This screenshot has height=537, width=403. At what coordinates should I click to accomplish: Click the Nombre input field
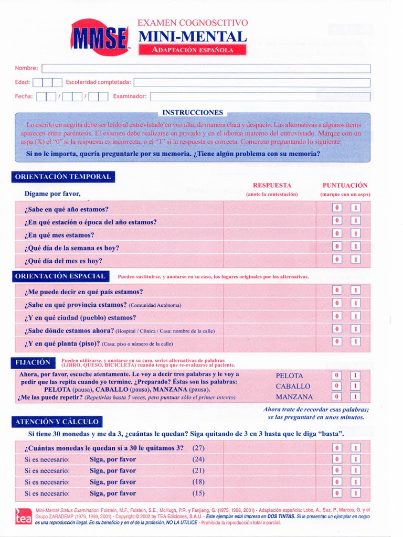(x=206, y=69)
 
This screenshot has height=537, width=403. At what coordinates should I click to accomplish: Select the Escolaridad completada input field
(x=252, y=82)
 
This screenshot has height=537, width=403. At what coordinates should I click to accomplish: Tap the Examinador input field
(x=260, y=96)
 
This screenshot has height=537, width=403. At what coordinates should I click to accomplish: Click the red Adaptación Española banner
(x=192, y=50)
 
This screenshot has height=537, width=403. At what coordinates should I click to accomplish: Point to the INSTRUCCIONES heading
(x=193, y=113)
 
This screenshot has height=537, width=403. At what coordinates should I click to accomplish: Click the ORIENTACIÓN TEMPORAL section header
(x=63, y=177)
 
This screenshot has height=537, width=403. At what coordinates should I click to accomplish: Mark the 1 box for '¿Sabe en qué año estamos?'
(x=355, y=208)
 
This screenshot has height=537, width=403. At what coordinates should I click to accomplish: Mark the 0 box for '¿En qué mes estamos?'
(x=337, y=233)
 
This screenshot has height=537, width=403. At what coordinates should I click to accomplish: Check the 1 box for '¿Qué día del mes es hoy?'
(x=355, y=259)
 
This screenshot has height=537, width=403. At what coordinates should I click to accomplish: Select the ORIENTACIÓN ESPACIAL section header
(x=60, y=276)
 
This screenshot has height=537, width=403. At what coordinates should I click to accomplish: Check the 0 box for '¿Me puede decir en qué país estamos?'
(x=337, y=290)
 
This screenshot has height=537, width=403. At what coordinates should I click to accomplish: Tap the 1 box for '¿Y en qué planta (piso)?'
(x=355, y=341)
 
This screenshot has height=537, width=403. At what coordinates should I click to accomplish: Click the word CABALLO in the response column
(x=293, y=386)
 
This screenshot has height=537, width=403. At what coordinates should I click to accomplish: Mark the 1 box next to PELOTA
(x=355, y=375)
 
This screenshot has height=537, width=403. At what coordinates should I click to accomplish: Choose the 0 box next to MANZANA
(x=337, y=397)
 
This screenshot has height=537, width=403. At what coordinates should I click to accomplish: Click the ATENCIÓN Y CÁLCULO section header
(x=57, y=422)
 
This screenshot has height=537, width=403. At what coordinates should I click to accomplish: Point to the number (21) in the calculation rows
(x=198, y=470)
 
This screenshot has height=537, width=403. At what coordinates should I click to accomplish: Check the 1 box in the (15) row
(x=355, y=493)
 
